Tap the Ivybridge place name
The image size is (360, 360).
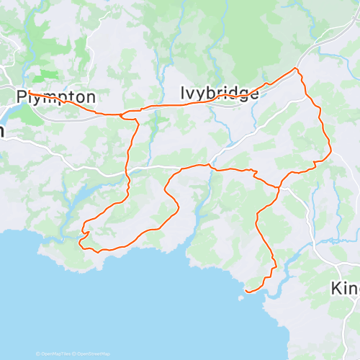[x=219, y=93]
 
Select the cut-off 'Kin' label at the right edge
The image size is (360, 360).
[x=346, y=288]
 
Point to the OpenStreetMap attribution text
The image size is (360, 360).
[x=94, y=354]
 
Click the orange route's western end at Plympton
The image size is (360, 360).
[x=28, y=94]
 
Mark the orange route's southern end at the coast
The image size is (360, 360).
[x=246, y=291]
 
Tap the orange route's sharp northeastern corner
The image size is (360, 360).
[x=295, y=68]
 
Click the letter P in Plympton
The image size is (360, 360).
[x=22, y=96]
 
